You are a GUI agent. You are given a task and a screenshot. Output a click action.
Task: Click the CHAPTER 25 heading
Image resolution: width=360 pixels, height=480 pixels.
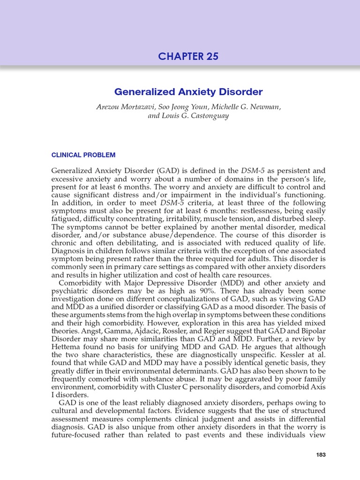tap(188, 57)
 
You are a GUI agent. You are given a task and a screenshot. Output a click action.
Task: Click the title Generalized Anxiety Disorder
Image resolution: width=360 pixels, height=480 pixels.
tap(188, 92)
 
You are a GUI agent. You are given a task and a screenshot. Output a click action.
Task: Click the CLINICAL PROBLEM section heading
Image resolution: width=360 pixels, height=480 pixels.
tap(83, 155)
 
